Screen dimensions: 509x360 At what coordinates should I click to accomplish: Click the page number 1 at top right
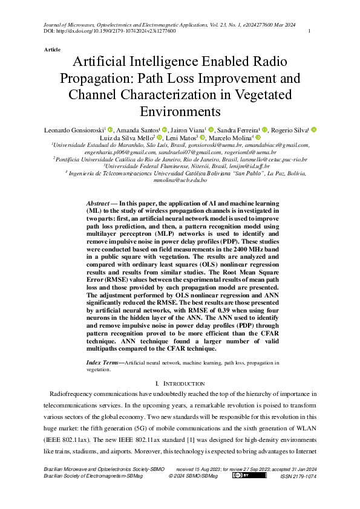pos(310,31)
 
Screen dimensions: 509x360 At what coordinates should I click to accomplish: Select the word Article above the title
pos(52,48)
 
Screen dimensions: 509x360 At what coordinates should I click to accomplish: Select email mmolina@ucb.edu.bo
pos(180,180)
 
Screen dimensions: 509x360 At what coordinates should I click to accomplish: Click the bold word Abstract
pos(97,204)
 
